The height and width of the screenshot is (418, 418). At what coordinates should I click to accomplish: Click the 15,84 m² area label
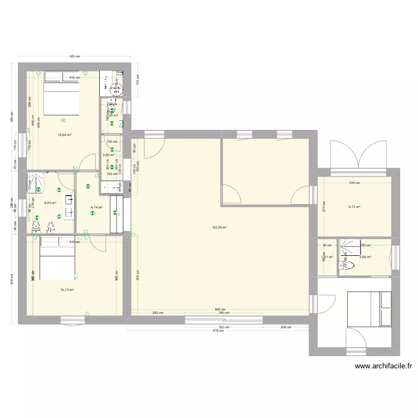tap(64, 134)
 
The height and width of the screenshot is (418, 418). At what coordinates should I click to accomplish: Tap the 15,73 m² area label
tap(67, 290)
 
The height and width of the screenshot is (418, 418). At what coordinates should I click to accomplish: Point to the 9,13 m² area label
tap(354, 207)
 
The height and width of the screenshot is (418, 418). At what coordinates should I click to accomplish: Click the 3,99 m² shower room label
tap(365, 257)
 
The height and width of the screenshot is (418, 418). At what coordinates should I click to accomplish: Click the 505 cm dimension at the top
tap(75, 57)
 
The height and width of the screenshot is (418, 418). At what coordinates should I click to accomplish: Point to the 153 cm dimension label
tap(139, 79)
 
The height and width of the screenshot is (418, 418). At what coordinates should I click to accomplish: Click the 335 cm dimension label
tap(354, 183)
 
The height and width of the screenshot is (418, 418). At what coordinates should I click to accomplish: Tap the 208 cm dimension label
tap(285, 327)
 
